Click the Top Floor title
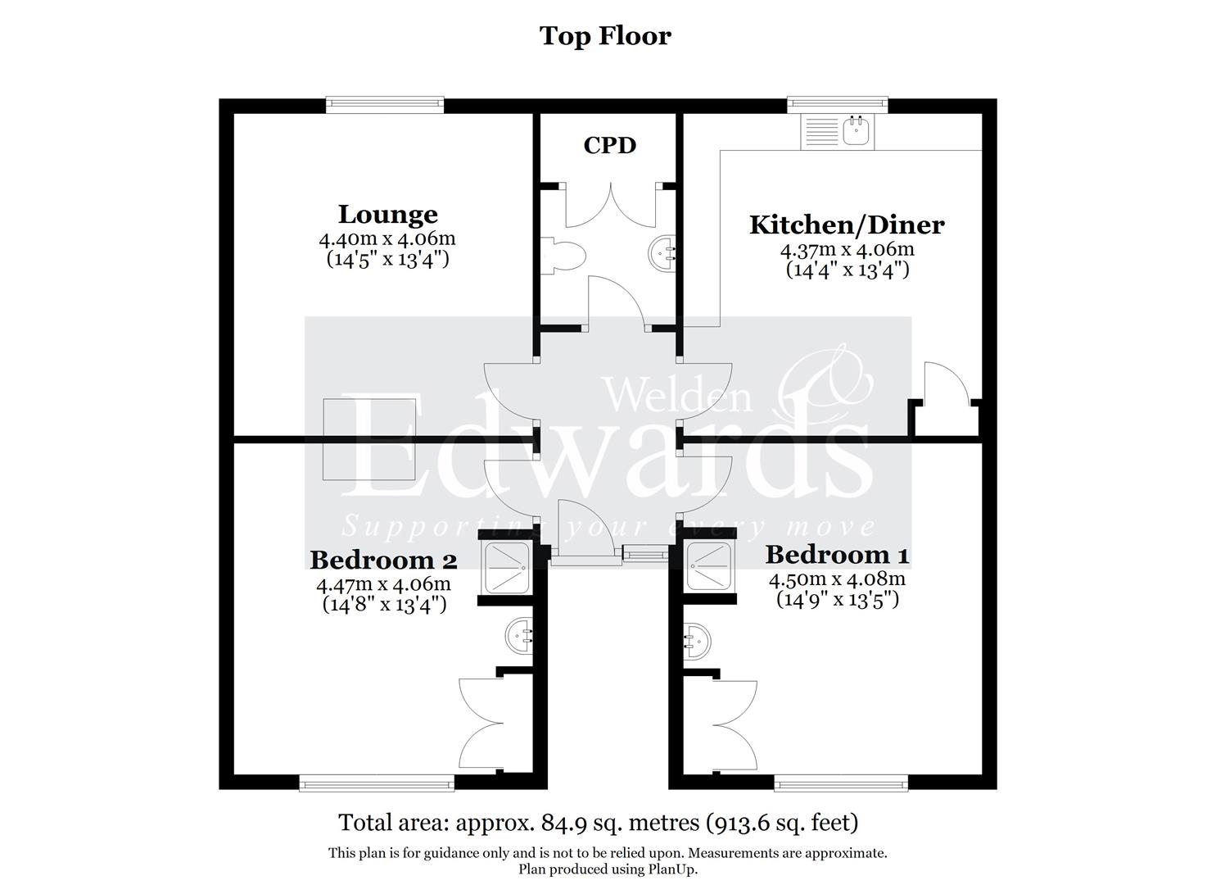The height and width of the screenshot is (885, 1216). click(x=605, y=36)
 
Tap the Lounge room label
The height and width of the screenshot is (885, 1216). click(x=387, y=215)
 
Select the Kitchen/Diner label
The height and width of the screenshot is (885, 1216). click(x=847, y=225)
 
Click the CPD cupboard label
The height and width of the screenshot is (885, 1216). click(x=609, y=146)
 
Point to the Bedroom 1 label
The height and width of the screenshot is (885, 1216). click(x=837, y=555)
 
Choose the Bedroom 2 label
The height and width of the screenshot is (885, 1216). click(x=383, y=560)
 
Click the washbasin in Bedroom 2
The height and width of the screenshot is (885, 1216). click(x=519, y=637)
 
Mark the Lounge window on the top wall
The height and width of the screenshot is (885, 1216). click(x=385, y=105)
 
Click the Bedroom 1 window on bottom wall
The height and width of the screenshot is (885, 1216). click(x=840, y=784)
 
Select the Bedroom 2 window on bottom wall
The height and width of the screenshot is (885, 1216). click(x=377, y=784)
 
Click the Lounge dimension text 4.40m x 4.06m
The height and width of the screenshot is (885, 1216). click(x=387, y=240)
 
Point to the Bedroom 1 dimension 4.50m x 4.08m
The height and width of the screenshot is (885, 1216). click(x=837, y=580)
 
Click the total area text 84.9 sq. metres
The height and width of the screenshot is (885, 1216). click(x=598, y=822)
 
